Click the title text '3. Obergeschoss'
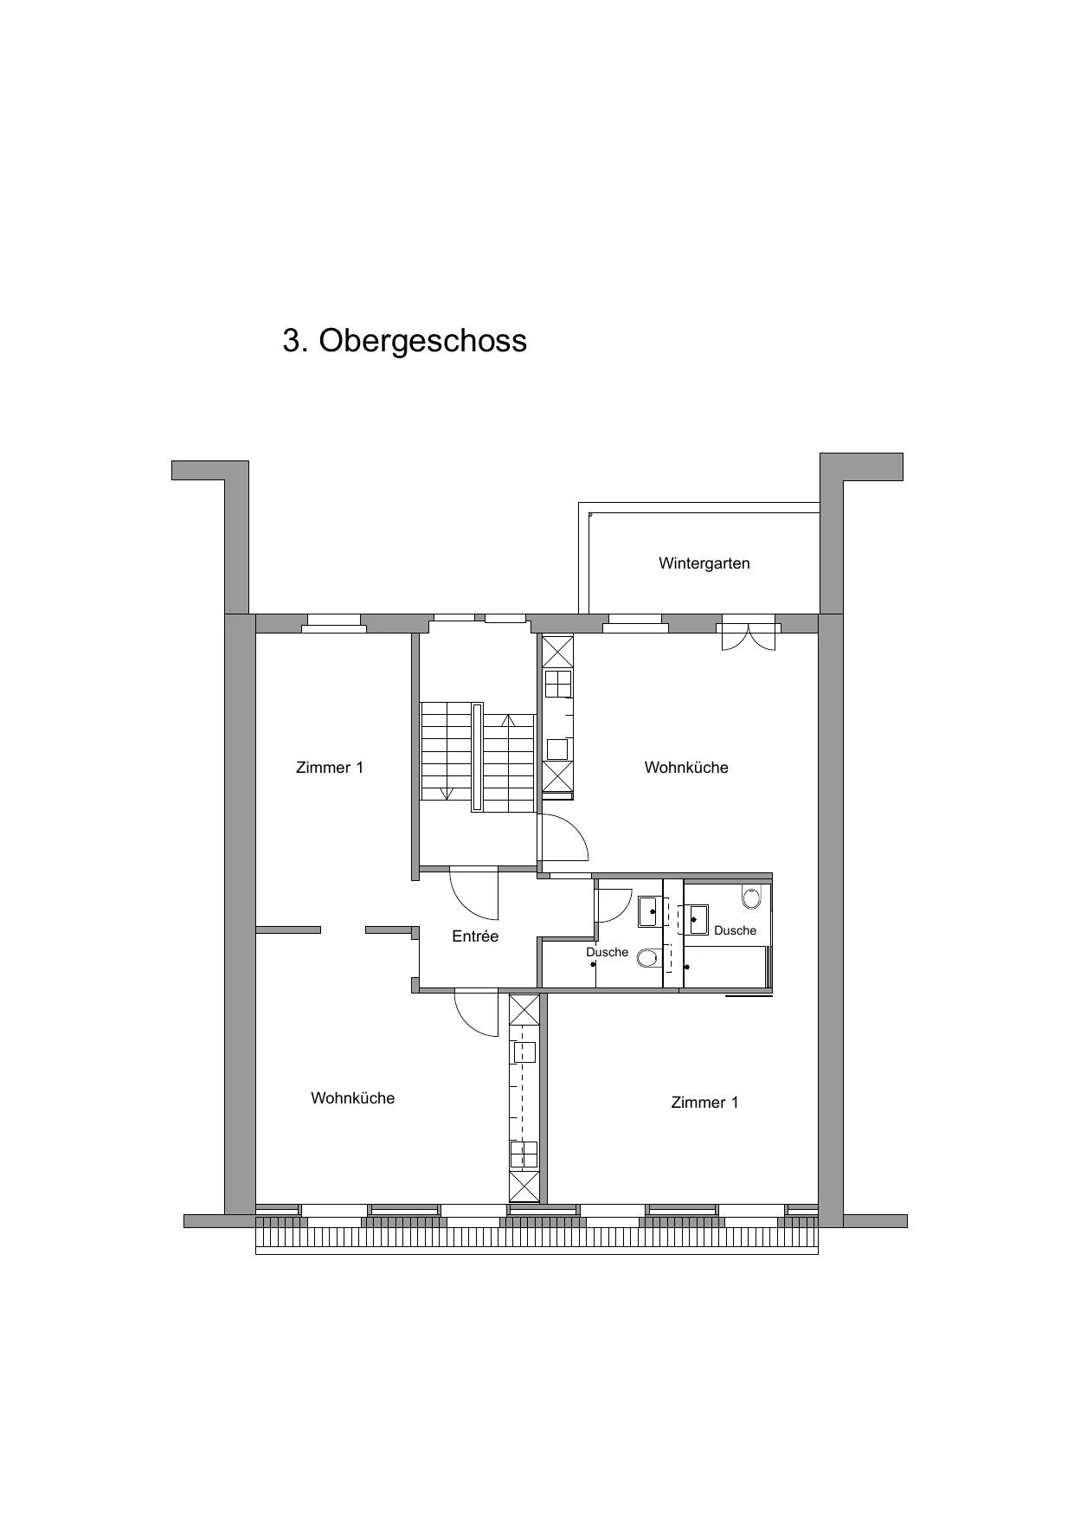(404, 340)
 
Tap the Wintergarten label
(704, 563)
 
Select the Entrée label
(475, 936)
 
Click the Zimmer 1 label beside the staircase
(330, 768)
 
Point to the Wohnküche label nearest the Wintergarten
(686, 768)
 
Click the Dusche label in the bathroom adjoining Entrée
(607, 952)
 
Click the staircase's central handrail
(477, 757)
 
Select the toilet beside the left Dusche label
(646, 958)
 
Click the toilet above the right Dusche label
(751, 897)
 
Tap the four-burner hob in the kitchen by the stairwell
(558, 683)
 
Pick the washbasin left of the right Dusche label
(697, 918)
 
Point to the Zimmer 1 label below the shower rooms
(704, 1103)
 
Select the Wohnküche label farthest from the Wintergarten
(353, 1098)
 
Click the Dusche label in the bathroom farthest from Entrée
(735, 930)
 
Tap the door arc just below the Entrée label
(476, 1013)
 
